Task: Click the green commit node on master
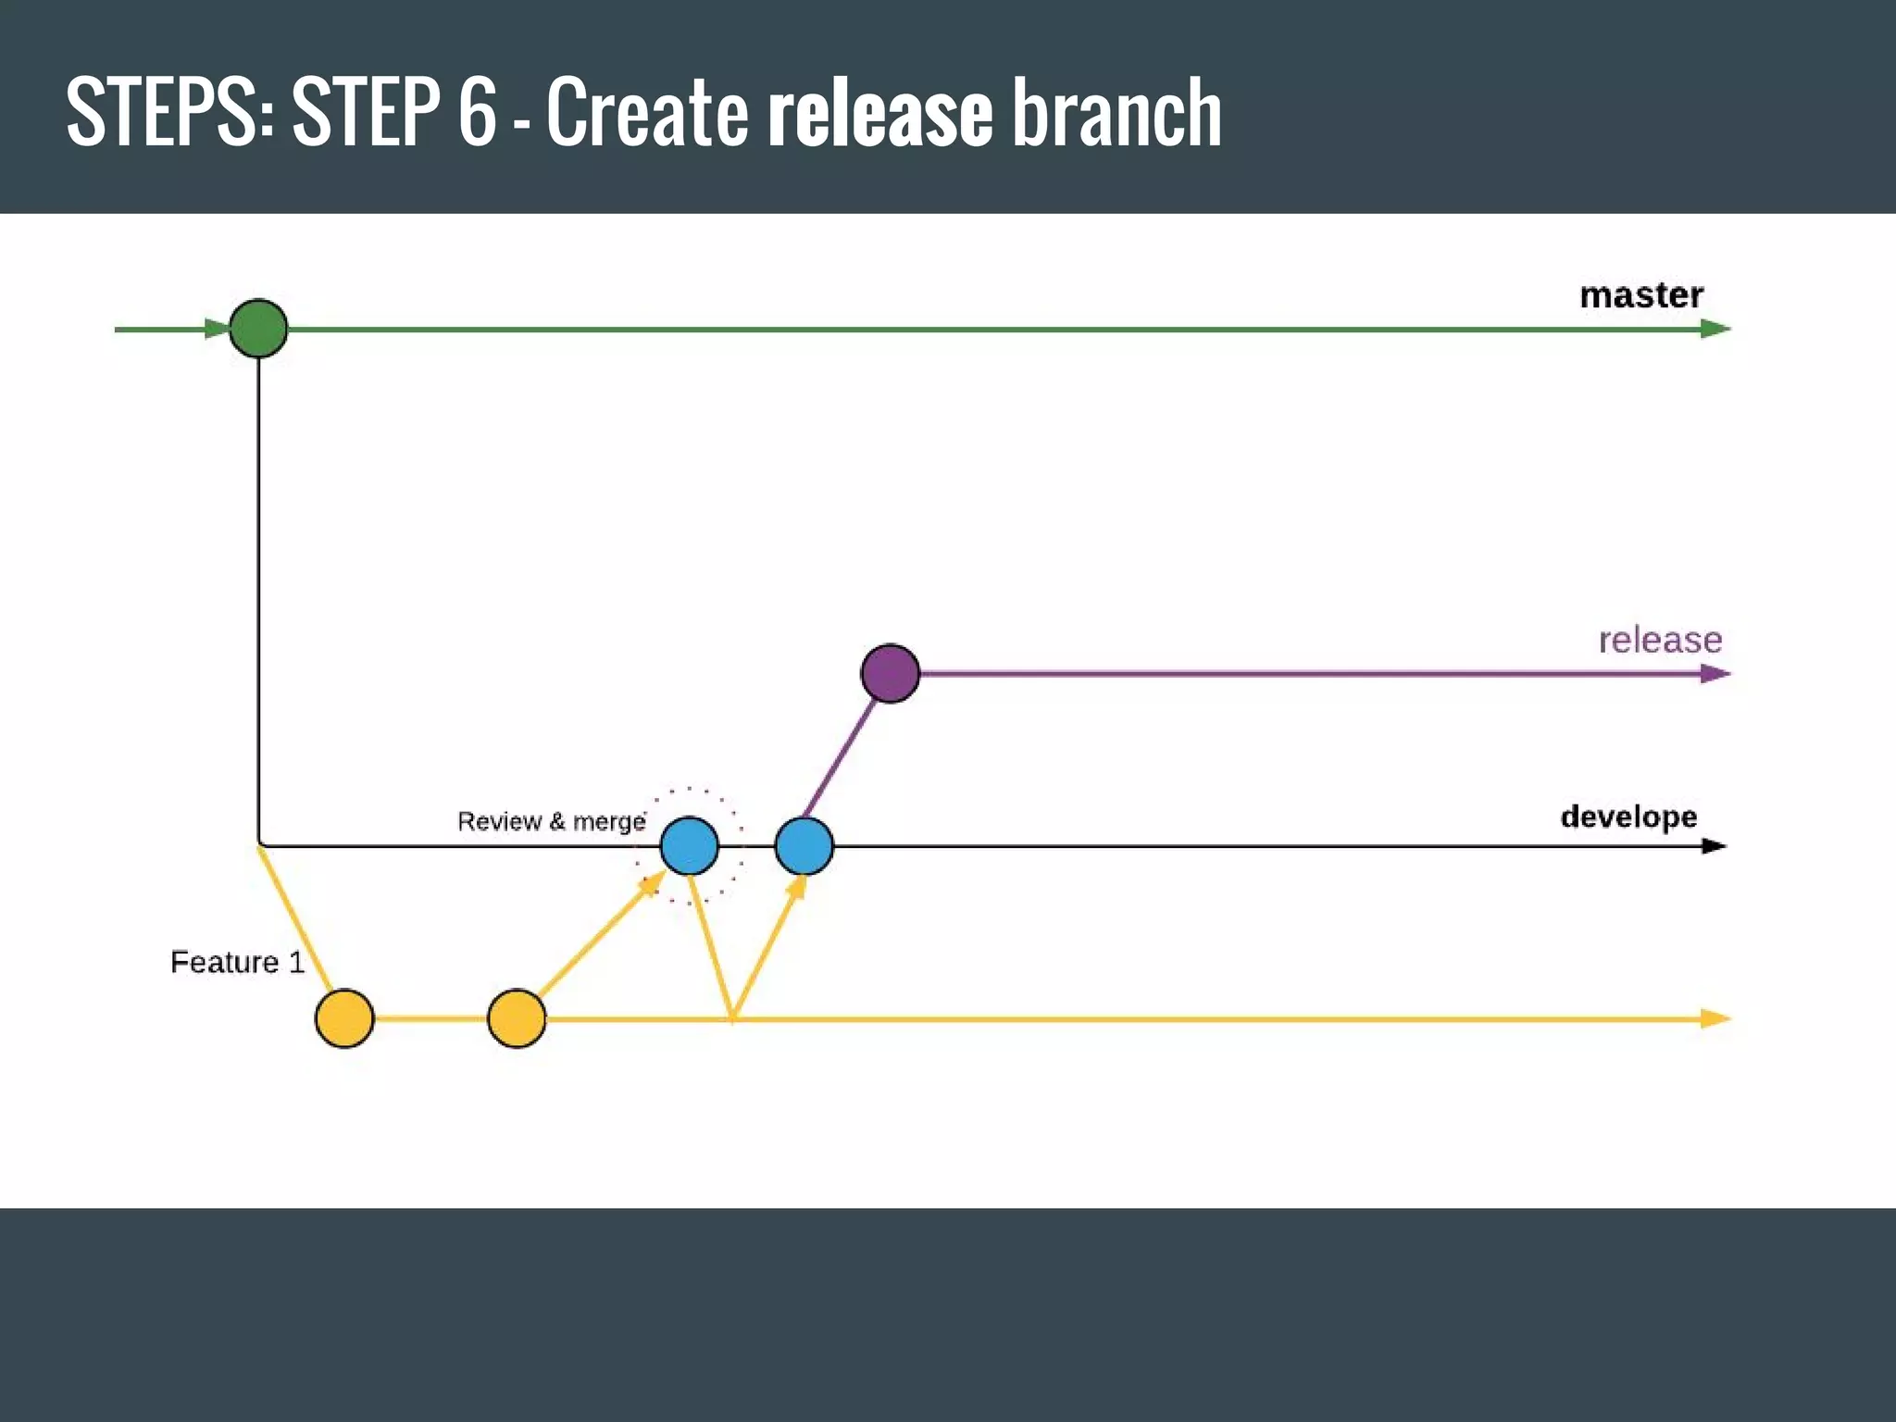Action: pyautogui.click(x=258, y=329)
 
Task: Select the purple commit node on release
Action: pyautogui.click(x=890, y=673)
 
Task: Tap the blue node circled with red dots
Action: pyautogui.click(x=690, y=845)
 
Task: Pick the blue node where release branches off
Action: pyautogui.click(x=804, y=845)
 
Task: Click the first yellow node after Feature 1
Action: pyautogui.click(x=344, y=1018)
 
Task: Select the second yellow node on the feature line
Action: pyautogui.click(x=517, y=1018)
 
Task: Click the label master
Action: pyautogui.click(x=1640, y=295)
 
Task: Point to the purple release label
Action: pyautogui.click(x=1660, y=640)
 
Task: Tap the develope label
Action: pyautogui.click(x=1628, y=817)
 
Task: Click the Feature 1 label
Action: pyautogui.click(x=237, y=962)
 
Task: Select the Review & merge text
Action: pyautogui.click(x=551, y=821)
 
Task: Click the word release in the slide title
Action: pyautogui.click(x=880, y=113)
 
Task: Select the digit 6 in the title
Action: pyautogui.click(x=478, y=113)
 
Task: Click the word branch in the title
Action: pyautogui.click(x=1116, y=113)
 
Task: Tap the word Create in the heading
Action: pyautogui.click(x=647, y=113)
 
